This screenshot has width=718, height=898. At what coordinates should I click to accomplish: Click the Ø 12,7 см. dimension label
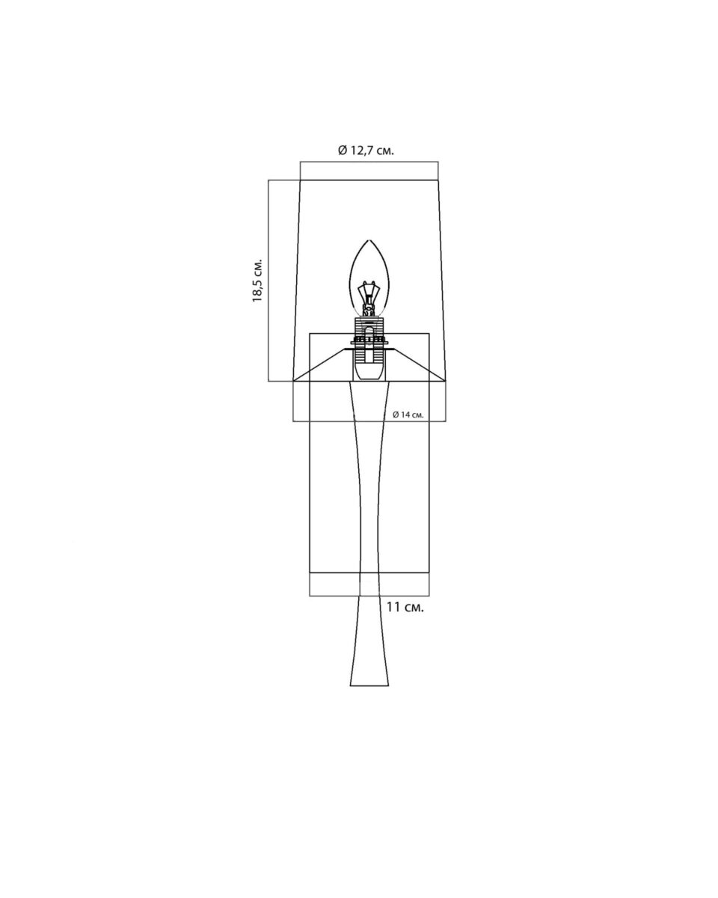pos(366,150)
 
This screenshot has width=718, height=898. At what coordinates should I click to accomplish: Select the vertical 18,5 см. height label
pos(258,281)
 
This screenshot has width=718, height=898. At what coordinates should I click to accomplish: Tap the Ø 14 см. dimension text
pos(408,415)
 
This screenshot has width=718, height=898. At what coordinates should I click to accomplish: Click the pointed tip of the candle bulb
pos(369,240)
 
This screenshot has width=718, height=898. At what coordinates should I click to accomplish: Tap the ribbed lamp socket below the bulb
pos(368,339)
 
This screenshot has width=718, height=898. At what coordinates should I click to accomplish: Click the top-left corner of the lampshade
pos(301,180)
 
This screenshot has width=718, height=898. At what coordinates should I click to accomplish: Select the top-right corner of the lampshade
pos(438,180)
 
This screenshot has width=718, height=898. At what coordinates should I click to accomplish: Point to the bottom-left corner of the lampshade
pos(293,381)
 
